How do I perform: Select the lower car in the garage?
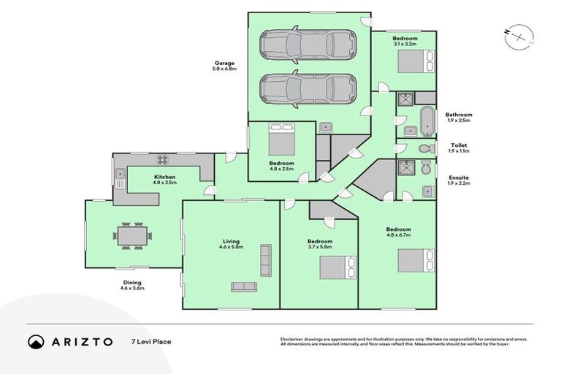coord(309,88)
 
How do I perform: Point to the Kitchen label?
coord(164,178)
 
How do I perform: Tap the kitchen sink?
coord(120,178)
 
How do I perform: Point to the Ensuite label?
coord(459,178)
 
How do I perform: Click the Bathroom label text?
coord(459,115)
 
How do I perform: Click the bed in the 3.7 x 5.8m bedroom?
coord(337,267)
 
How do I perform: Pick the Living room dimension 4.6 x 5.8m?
coord(232,248)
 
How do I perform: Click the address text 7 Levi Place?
coord(151,341)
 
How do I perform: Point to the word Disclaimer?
coord(293,340)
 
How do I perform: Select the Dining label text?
coord(132,282)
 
